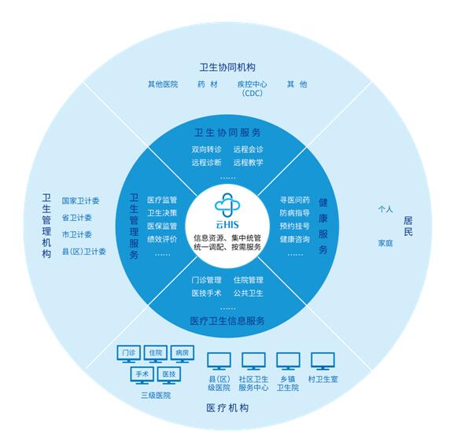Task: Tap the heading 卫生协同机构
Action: [227, 67]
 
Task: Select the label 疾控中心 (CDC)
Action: [252, 88]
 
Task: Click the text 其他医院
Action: [163, 84]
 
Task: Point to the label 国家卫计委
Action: [80, 201]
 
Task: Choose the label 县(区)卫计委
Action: [83, 252]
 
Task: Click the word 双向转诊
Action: [206, 149]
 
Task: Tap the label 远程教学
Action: [249, 162]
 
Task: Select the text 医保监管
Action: [162, 227]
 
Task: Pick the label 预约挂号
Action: [295, 227]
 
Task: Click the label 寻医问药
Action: [295, 200]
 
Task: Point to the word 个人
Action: [386, 209]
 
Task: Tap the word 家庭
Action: [386, 243]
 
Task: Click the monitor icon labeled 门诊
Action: [129, 354]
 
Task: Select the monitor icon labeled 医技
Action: [169, 375]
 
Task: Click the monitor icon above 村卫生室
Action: [323, 361]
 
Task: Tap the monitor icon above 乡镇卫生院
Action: [288, 361]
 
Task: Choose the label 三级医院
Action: [156, 395]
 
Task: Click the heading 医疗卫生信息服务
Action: [227, 321]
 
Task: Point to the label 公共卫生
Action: [249, 293]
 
